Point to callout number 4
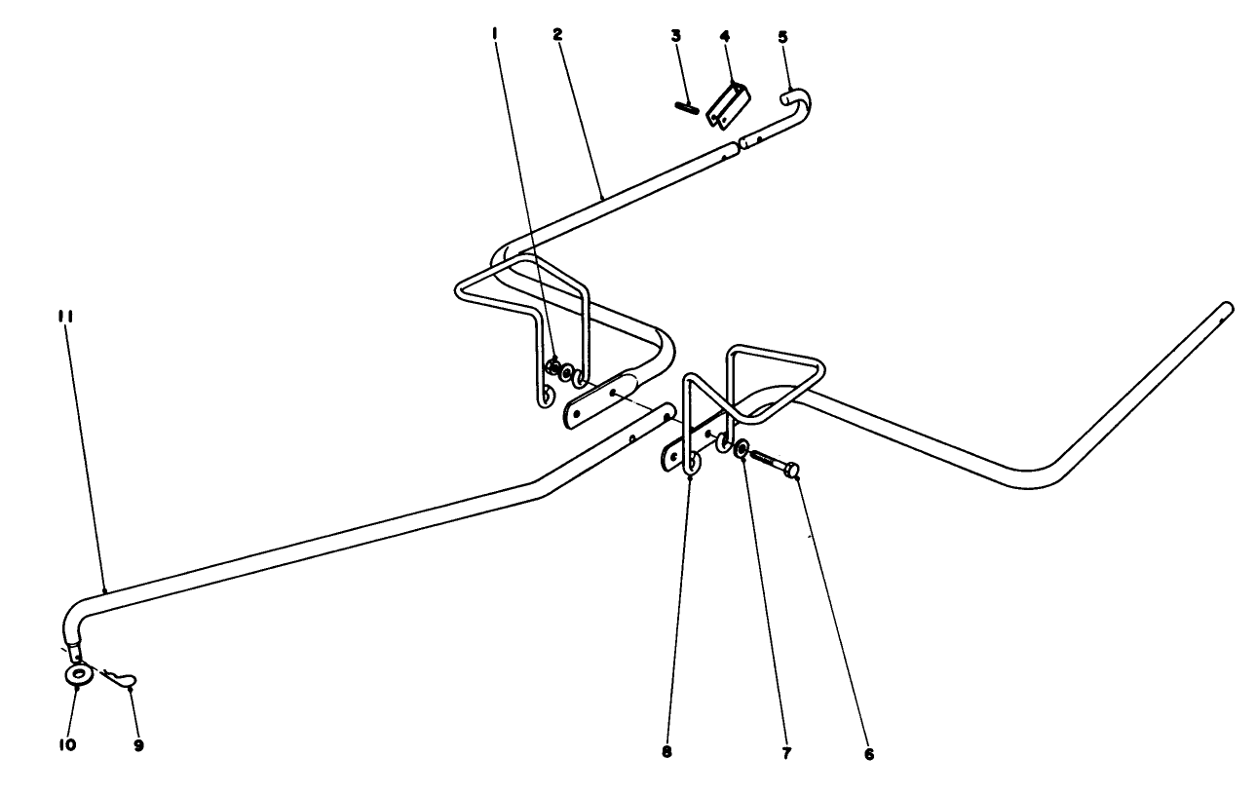point(725,36)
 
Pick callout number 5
point(782,36)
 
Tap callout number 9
point(138,745)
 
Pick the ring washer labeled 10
point(77,674)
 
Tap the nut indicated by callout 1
point(552,368)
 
